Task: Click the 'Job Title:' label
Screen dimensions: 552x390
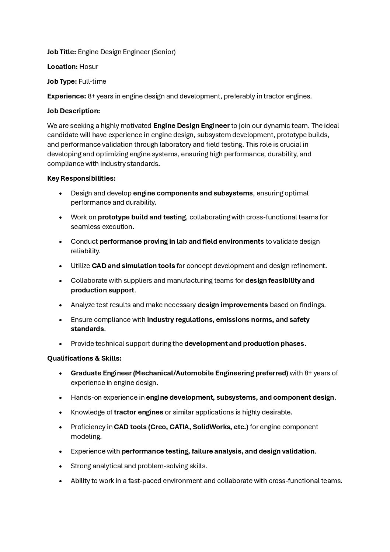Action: click(x=62, y=52)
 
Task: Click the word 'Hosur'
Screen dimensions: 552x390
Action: click(x=88, y=67)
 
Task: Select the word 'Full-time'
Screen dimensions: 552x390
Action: click(x=92, y=81)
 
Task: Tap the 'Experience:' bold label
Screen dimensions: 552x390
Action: click(x=66, y=96)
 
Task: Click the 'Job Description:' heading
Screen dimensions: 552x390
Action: click(x=73, y=111)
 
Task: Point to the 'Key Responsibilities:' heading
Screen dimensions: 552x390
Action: click(x=81, y=178)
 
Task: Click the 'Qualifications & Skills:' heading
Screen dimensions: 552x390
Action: click(x=84, y=358)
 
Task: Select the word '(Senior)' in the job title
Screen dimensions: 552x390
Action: click(x=163, y=52)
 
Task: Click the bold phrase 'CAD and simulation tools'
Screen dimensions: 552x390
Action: click(x=133, y=266)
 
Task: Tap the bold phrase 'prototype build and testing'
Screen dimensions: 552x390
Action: click(x=142, y=217)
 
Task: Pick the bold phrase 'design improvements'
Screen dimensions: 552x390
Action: click(x=233, y=305)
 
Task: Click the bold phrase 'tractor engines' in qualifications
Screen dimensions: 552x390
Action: click(x=138, y=412)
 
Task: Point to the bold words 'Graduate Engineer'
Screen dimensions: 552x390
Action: click(x=101, y=373)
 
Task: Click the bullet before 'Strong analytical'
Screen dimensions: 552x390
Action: click(x=60, y=466)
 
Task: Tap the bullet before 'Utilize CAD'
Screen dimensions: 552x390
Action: click(x=60, y=266)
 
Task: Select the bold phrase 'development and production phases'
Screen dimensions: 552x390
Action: click(x=244, y=344)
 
